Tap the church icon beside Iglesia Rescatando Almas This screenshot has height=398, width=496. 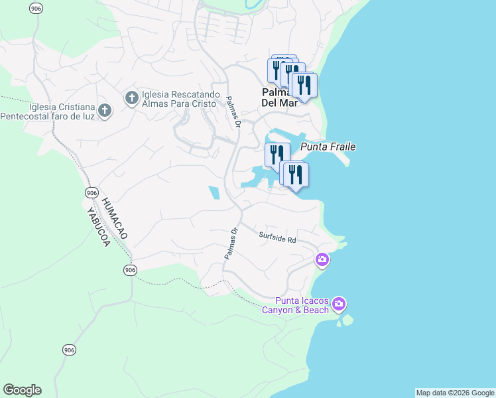coord(131,99)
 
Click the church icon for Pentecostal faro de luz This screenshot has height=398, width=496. coord(104,111)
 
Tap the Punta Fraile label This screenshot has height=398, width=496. coord(328,147)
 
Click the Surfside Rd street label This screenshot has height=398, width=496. coord(277,237)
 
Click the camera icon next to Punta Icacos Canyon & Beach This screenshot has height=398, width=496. coord(339,304)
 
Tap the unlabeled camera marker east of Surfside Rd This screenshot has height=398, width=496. coord(322,260)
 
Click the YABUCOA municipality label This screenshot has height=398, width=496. coord(97,227)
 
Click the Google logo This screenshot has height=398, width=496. coord(22,390)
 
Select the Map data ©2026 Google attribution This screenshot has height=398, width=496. coord(455,393)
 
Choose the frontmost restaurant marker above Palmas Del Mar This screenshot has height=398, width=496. coord(304,86)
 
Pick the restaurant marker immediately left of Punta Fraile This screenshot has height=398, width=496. coord(277,154)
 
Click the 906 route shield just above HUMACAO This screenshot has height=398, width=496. coord(92,192)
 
